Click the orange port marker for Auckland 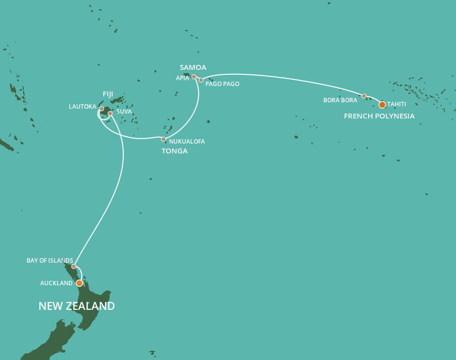pyautogui.click(x=79, y=283)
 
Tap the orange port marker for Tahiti pyautogui.click(x=382, y=105)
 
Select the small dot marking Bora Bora pyautogui.click(x=364, y=96)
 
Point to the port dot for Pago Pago pyautogui.click(x=201, y=80)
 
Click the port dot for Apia pyautogui.click(x=194, y=77)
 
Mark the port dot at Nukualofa pyautogui.click(x=164, y=139)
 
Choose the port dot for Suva pyautogui.click(x=110, y=114)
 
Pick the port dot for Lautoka pyautogui.click(x=102, y=109)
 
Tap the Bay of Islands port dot pyautogui.click(x=74, y=267)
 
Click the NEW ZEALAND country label pyautogui.click(x=77, y=306)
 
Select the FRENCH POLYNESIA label pyautogui.click(x=379, y=117)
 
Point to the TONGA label pyautogui.click(x=174, y=151)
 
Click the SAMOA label pyautogui.click(x=193, y=67)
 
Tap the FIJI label pyautogui.click(x=108, y=93)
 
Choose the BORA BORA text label pyautogui.click(x=340, y=100)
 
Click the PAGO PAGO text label pyautogui.click(x=222, y=84)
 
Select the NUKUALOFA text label pyautogui.click(x=187, y=142)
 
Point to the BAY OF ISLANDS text pyautogui.click(x=50, y=261)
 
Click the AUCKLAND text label pyautogui.click(x=56, y=283)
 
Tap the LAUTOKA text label pyautogui.click(x=83, y=106)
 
